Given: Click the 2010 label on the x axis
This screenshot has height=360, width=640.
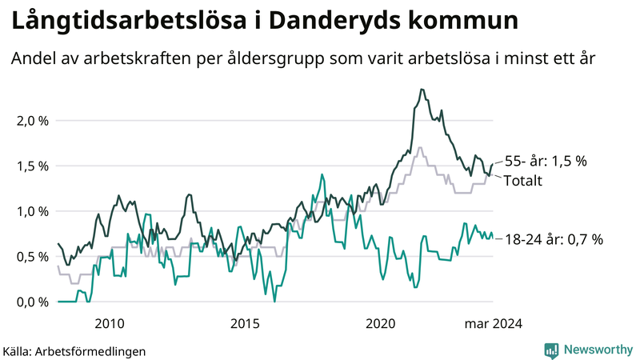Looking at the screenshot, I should (x=110, y=323).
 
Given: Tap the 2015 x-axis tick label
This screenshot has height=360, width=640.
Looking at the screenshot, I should (x=245, y=323).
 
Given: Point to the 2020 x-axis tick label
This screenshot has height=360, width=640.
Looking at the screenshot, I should (x=381, y=323).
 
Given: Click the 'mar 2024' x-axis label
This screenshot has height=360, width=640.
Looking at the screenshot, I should (x=494, y=323).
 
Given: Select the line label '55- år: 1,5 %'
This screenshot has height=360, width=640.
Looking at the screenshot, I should (x=546, y=161).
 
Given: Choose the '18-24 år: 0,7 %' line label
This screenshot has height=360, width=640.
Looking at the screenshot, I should (x=554, y=238).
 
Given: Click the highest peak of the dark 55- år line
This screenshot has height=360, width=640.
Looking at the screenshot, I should (x=422, y=90).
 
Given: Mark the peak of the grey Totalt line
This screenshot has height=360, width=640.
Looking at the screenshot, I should (x=419, y=147).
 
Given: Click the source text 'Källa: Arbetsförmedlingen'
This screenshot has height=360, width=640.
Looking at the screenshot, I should (x=74, y=350).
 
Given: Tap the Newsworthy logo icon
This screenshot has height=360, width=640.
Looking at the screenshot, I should (x=551, y=350).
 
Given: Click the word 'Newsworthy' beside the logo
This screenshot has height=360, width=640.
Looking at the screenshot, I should (x=597, y=350).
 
